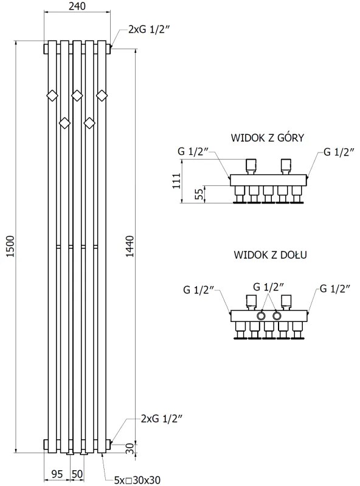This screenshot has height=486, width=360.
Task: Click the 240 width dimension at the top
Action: pyautogui.click(x=77, y=7)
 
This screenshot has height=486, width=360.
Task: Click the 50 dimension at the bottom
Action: pyautogui.click(x=77, y=474)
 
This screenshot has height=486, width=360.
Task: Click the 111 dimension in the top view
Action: pyautogui.click(x=176, y=180)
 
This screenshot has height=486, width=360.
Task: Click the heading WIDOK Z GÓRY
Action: pyautogui.click(x=268, y=138)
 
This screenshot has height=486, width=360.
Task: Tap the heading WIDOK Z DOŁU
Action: pyautogui.click(x=269, y=255)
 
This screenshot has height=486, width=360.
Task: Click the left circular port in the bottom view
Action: pyautogui.click(x=262, y=316)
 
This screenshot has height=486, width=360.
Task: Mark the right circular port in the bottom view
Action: pyautogui.click(x=277, y=316)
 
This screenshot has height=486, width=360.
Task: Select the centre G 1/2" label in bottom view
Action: pyautogui.click(x=269, y=286)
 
